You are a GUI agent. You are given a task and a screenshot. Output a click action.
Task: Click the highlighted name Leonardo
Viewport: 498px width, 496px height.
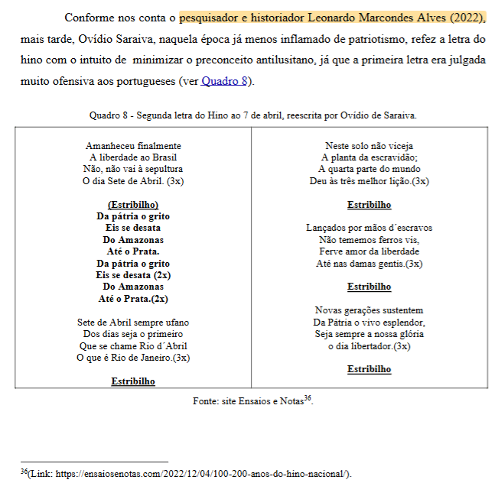(x=339, y=17)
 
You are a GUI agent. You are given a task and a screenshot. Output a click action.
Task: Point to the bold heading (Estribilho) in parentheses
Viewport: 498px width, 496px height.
(x=133, y=205)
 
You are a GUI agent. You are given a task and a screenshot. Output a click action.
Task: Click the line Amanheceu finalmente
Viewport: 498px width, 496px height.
(x=133, y=145)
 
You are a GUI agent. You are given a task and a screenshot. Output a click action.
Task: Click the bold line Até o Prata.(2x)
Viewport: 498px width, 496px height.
(x=133, y=299)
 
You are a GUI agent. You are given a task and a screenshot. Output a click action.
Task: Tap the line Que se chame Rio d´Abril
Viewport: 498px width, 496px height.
(x=133, y=345)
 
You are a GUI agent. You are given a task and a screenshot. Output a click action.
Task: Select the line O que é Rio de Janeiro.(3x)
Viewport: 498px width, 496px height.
(x=133, y=358)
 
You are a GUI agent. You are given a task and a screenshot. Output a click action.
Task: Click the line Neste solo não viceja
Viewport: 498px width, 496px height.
(x=369, y=145)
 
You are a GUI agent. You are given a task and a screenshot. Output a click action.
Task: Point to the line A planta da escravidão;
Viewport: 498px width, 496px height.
(x=369, y=157)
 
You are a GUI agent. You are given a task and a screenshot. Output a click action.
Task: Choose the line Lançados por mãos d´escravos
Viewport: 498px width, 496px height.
(x=369, y=228)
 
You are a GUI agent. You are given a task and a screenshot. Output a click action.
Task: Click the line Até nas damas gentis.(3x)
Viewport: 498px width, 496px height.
(x=369, y=264)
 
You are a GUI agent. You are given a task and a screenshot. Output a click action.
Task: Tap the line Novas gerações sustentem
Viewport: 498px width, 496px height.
(x=369, y=310)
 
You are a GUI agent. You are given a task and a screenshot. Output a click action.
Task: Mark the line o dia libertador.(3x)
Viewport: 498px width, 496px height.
(x=369, y=346)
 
